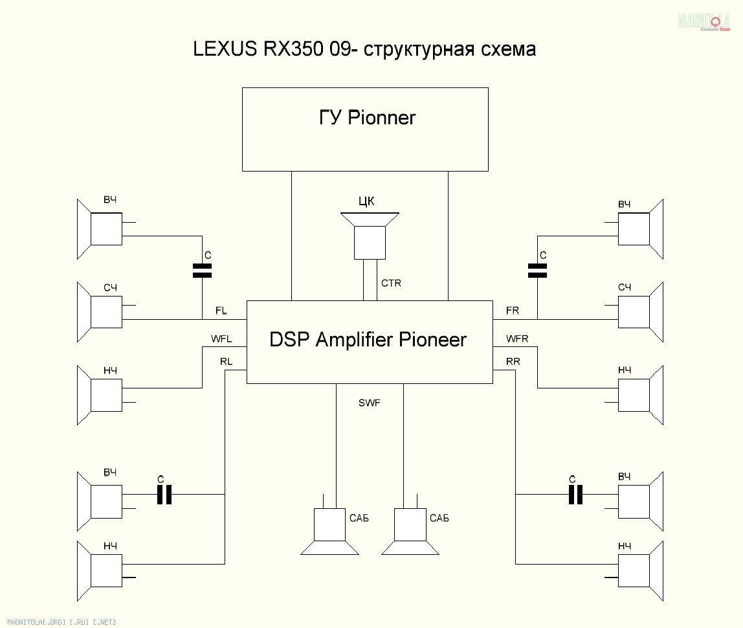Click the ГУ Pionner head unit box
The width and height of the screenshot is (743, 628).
pyautogui.click(x=365, y=129)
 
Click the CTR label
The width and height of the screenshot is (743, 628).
pyautogui.click(x=391, y=283)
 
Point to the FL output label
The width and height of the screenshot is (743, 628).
pyautogui.click(x=221, y=311)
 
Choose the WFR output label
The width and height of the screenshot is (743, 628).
pyautogui.click(x=517, y=339)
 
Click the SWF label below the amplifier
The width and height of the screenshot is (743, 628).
pyautogui.click(x=370, y=403)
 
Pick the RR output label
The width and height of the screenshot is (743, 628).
pyautogui.click(x=513, y=361)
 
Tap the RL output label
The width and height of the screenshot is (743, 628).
pyautogui.click(x=226, y=361)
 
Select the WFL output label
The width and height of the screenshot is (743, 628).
pyautogui.click(x=221, y=339)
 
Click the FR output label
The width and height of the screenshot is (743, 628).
pyautogui.click(x=513, y=311)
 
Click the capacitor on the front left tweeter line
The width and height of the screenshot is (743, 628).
pyautogui.click(x=203, y=270)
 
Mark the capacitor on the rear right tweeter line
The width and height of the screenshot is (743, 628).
pyautogui.click(x=575, y=495)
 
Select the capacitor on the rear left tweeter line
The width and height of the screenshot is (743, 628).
pyautogui.click(x=165, y=495)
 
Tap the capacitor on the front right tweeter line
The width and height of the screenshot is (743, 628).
pyautogui.click(x=537, y=270)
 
